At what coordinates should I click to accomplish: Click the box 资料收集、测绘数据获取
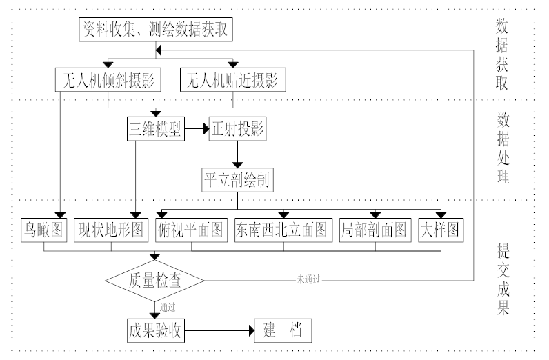click(158, 30)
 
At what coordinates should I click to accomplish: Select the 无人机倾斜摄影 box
click(109, 80)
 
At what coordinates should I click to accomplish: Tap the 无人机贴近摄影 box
click(232, 80)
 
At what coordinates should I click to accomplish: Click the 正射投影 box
click(238, 129)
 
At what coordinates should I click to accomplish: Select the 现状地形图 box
click(112, 230)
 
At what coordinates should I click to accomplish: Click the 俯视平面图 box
click(192, 230)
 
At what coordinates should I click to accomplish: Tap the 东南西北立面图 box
click(283, 230)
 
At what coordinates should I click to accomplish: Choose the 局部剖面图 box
click(375, 230)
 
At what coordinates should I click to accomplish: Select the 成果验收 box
click(155, 329)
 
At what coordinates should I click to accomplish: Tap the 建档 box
click(283, 329)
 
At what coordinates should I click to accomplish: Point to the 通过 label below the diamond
click(168, 306)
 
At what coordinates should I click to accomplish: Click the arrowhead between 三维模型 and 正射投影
click(206, 129)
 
